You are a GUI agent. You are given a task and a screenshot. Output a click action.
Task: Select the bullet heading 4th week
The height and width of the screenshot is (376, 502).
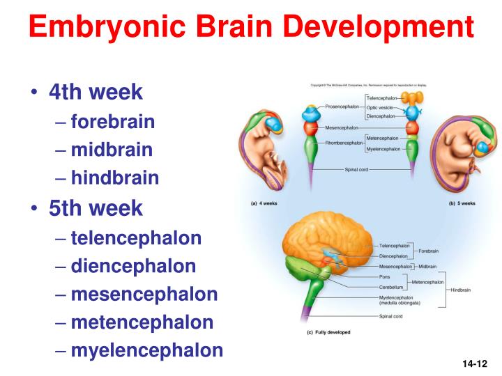click(x=96, y=92)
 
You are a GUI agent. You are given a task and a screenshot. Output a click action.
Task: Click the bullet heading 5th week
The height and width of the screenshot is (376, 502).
click(x=96, y=207)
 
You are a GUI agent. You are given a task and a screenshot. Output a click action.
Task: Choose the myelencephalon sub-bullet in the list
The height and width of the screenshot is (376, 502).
click(x=146, y=350)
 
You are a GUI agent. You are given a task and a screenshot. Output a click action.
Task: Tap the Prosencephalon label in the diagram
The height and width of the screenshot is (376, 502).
click(x=342, y=107)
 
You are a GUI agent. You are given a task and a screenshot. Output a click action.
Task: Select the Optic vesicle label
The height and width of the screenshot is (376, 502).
click(x=380, y=108)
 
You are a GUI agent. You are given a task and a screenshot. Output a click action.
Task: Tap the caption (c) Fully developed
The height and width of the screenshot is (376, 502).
click(x=329, y=332)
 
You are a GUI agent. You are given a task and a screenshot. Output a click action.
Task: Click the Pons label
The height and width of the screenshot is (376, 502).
click(x=384, y=276)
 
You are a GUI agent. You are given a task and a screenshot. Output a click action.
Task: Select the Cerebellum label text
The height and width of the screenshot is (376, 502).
click(x=390, y=286)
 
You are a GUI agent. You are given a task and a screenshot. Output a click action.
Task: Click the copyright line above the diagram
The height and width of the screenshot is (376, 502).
click(x=368, y=86)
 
